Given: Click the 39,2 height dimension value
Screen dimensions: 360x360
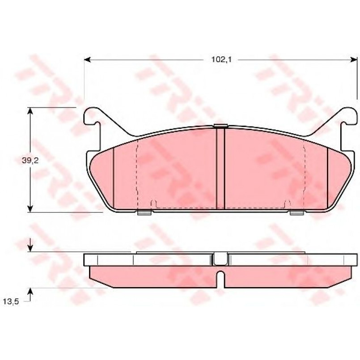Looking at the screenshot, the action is (30, 161).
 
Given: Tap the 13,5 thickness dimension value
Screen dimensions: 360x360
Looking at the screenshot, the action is (11, 301).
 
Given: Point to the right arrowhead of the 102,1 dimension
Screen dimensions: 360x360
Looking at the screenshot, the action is (354, 60).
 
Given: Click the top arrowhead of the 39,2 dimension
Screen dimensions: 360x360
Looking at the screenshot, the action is (30, 110).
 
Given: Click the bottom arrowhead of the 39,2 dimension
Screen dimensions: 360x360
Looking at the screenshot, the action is (30, 208).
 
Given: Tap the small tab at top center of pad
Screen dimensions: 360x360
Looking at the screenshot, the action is (220, 125).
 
